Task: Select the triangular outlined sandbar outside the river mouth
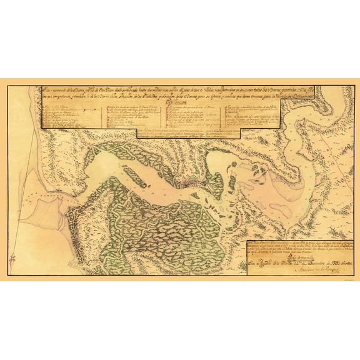pos(66,187)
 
